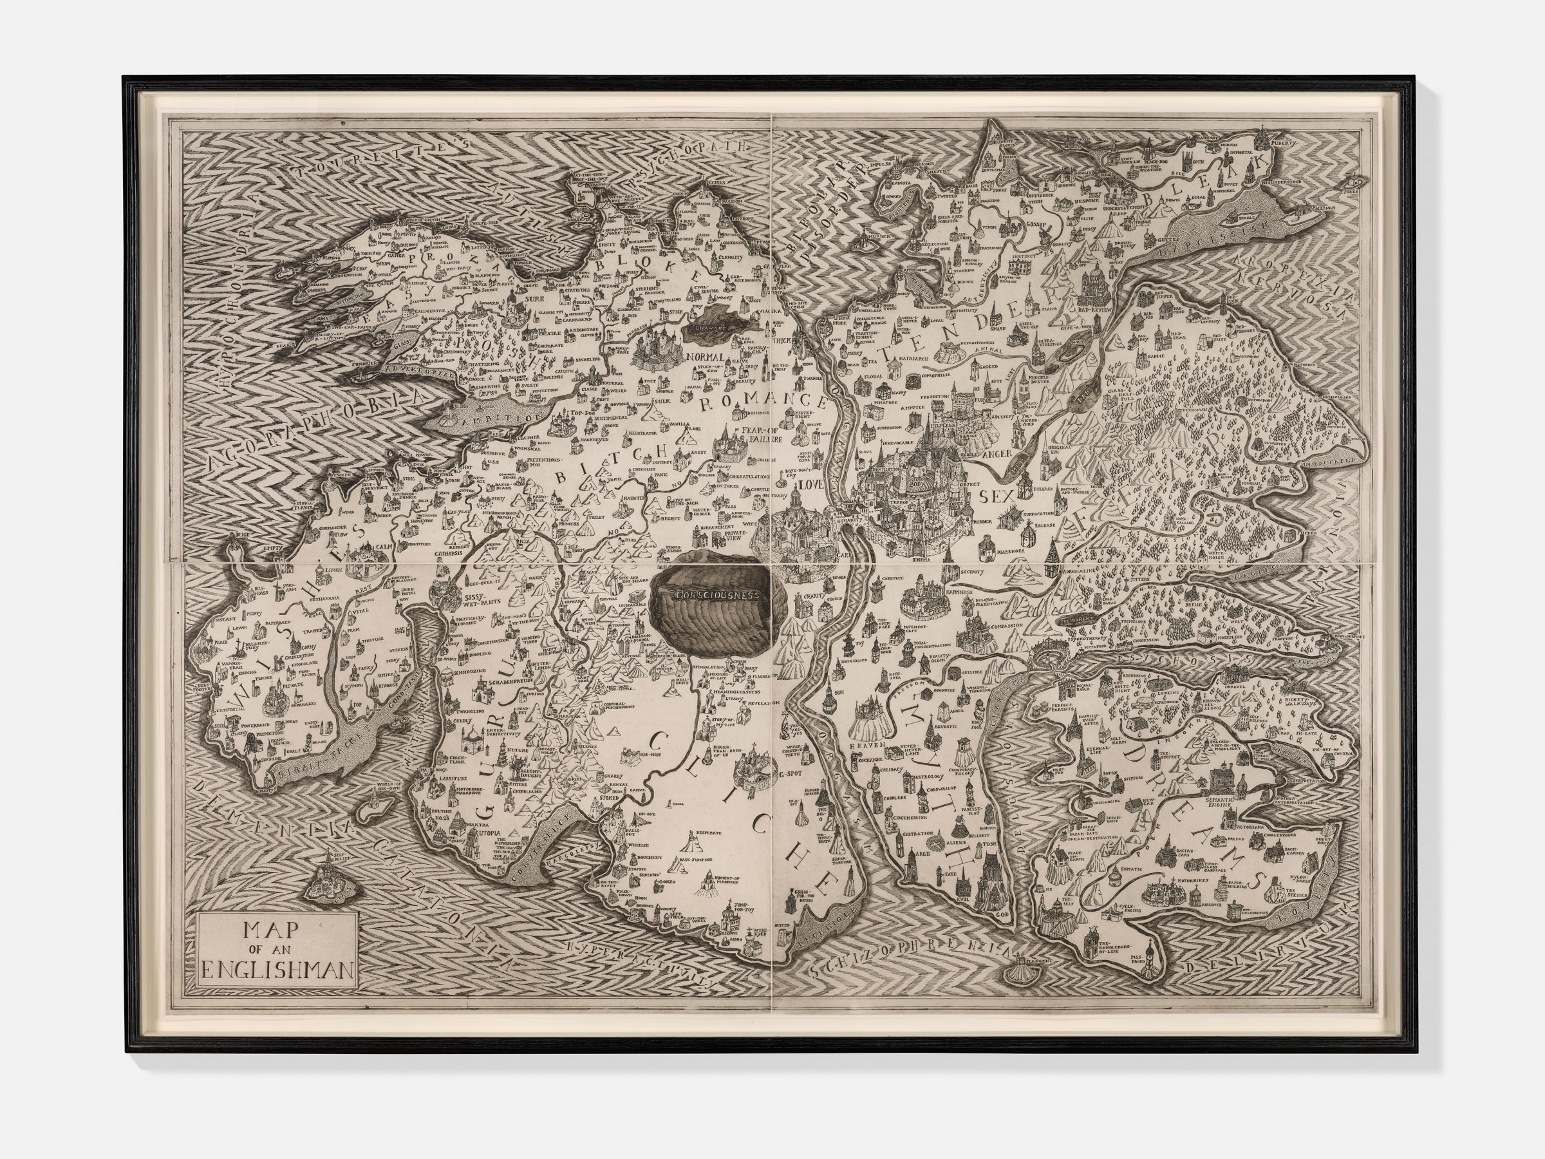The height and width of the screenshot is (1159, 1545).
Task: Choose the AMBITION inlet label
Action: click(x=487, y=418)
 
